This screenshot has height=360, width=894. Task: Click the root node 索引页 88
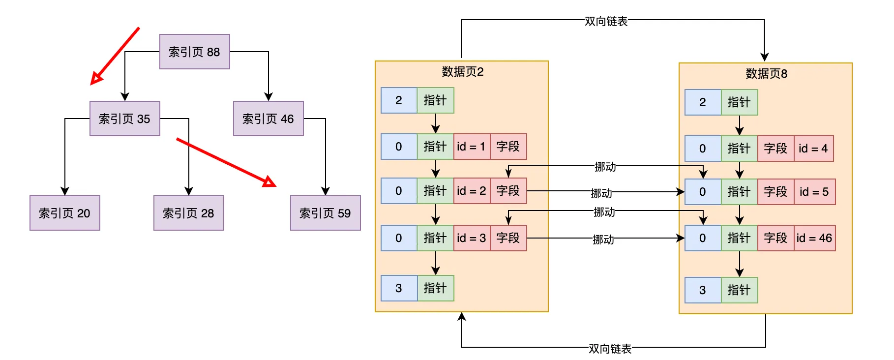(x=195, y=52)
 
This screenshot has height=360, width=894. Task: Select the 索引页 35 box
(x=125, y=119)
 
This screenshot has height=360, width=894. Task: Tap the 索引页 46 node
(x=268, y=119)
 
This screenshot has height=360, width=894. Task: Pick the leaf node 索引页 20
(x=65, y=213)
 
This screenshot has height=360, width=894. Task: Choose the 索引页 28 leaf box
(x=189, y=213)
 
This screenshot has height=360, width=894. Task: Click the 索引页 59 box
(x=326, y=213)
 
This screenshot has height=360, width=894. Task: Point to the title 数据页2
(x=463, y=72)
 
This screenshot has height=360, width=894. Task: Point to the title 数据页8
(x=767, y=74)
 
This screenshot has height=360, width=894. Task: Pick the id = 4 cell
(x=814, y=149)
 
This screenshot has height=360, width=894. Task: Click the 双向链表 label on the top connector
(x=606, y=21)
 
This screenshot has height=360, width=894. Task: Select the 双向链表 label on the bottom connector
(x=610, y=349)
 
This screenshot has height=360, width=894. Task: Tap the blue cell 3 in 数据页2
(x=399, y=288)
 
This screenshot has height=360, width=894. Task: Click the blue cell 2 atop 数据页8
(x=703, y=102)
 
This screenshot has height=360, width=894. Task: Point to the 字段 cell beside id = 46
(x=776, y=238)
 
